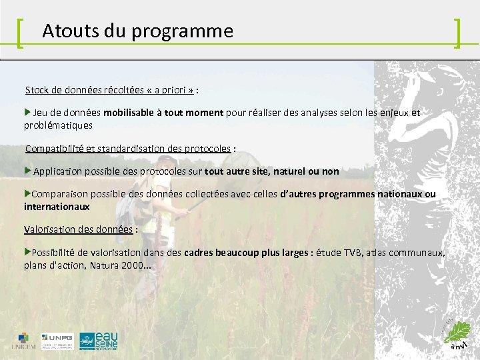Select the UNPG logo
(57, 341)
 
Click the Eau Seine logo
(99, 341)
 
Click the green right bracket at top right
(457, 33)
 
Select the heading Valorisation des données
(79, 229)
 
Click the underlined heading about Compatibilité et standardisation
(127, 149)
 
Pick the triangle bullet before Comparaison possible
(27, 194)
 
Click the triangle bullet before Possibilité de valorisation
(27, 253)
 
